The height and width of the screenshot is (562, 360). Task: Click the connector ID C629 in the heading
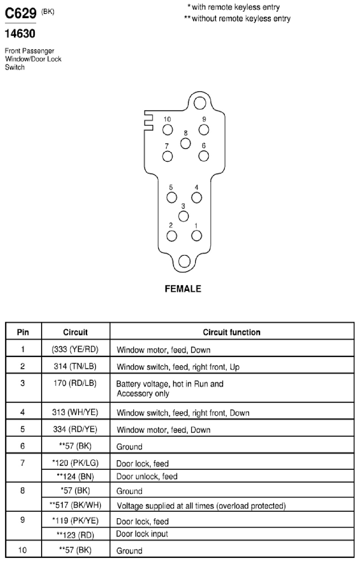click(21, 13)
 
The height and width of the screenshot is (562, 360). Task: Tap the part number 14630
click(20, 34)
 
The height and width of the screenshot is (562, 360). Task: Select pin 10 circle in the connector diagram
click(168, 130)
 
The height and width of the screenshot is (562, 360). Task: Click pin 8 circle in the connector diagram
click(186, 143)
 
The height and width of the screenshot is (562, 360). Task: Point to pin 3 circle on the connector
click(183, 216)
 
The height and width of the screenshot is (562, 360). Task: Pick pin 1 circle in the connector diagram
click(196, 236)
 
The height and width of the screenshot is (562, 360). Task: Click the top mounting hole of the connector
click(200, 103)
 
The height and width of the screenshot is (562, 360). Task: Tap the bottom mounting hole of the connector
click(184, 261)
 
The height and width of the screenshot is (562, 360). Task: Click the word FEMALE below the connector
click(183, 289)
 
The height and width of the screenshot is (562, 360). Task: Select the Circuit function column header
click(231, 332)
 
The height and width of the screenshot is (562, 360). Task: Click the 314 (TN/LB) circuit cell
click(75, 366)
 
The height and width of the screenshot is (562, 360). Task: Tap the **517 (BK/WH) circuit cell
click(75, 505)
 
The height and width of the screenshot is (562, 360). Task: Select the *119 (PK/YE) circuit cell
click(75, 521)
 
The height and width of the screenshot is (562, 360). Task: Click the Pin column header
click(23, 332)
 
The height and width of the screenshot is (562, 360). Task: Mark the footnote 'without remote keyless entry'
click(237, 18)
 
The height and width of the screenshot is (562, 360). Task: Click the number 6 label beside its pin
click(204, 146)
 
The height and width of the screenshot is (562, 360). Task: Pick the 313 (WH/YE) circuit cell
click(75, 412)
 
